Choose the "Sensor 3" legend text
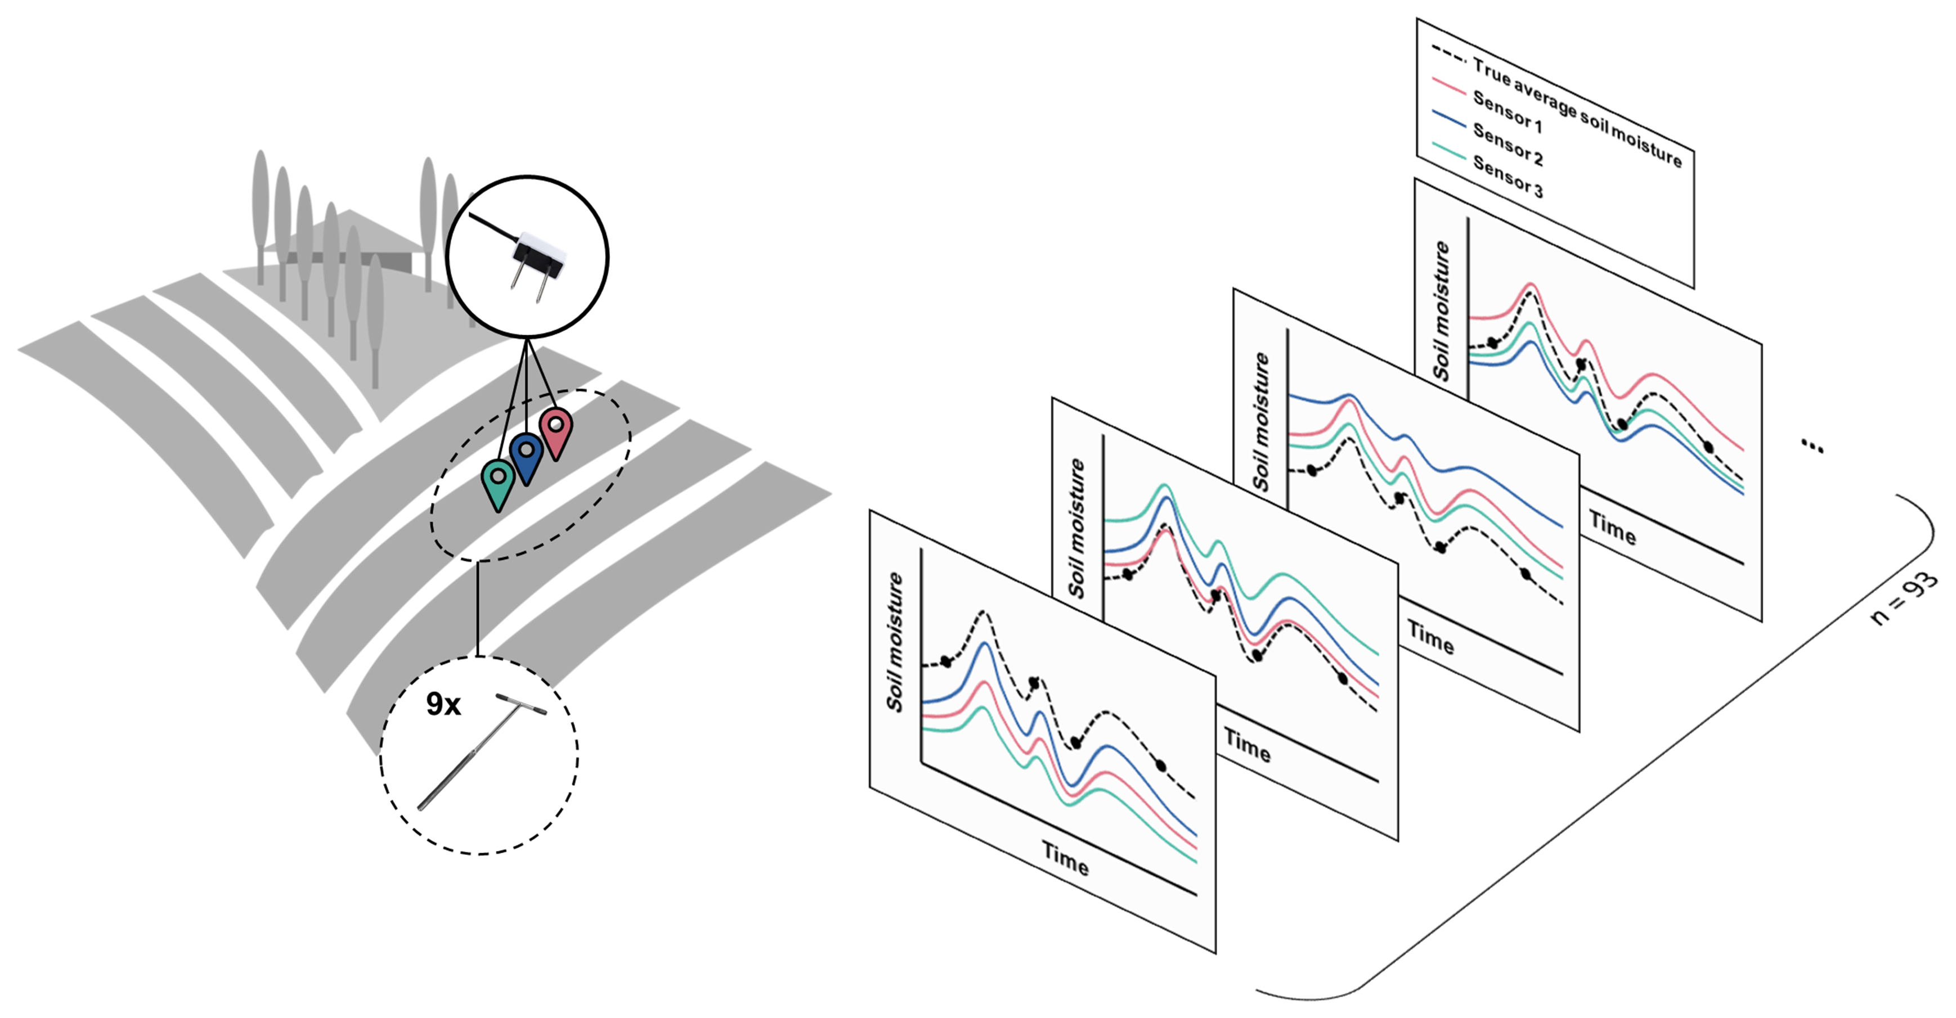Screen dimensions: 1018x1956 tap(1508, 177)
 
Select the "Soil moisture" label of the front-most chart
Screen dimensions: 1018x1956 tap(895, 642)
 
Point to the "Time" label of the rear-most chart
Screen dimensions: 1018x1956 tap(1613, 528)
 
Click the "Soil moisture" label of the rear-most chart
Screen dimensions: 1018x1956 tap(1441, 310)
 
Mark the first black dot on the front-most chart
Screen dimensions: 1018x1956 tap(945, 662)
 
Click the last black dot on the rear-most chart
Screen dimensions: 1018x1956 tap(1708, 447)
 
